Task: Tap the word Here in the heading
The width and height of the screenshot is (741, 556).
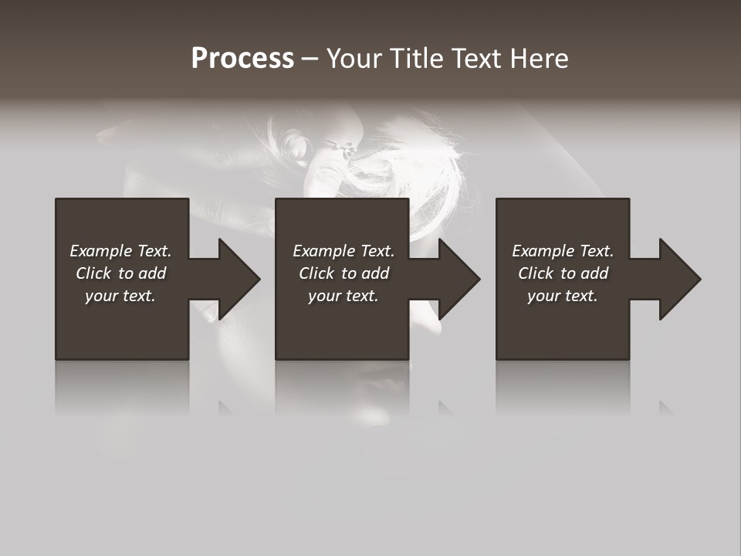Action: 538,59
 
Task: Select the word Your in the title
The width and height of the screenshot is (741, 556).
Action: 354,59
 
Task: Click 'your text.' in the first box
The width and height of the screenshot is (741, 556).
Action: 120,296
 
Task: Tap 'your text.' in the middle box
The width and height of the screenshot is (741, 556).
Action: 343,296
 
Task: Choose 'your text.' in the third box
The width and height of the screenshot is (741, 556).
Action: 563,296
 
